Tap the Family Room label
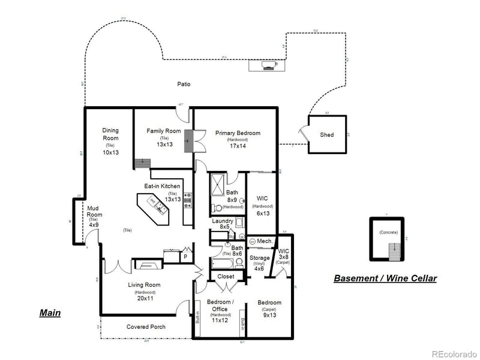164,131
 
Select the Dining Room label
110,134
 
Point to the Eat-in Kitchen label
162,186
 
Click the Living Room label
145,285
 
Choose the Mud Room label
94,211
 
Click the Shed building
327,135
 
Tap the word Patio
184,85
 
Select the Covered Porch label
146,327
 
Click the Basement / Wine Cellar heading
385,278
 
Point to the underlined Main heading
50,313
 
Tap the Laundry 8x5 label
223,224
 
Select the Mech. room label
265,241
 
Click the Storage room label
260,258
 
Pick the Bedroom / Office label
220,305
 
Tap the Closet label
226,277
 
